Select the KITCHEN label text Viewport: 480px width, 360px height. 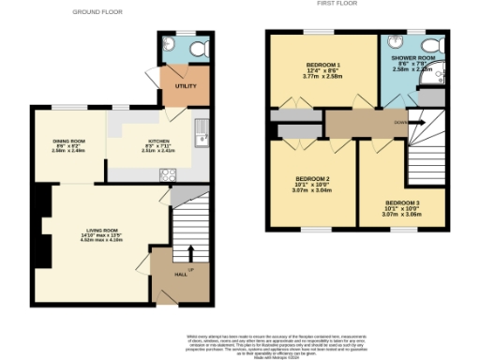(155, 142)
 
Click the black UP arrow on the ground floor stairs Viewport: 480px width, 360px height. (190, 253)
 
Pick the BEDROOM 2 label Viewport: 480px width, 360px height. (312, 178)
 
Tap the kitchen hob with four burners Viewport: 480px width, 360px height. (170, 174)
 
